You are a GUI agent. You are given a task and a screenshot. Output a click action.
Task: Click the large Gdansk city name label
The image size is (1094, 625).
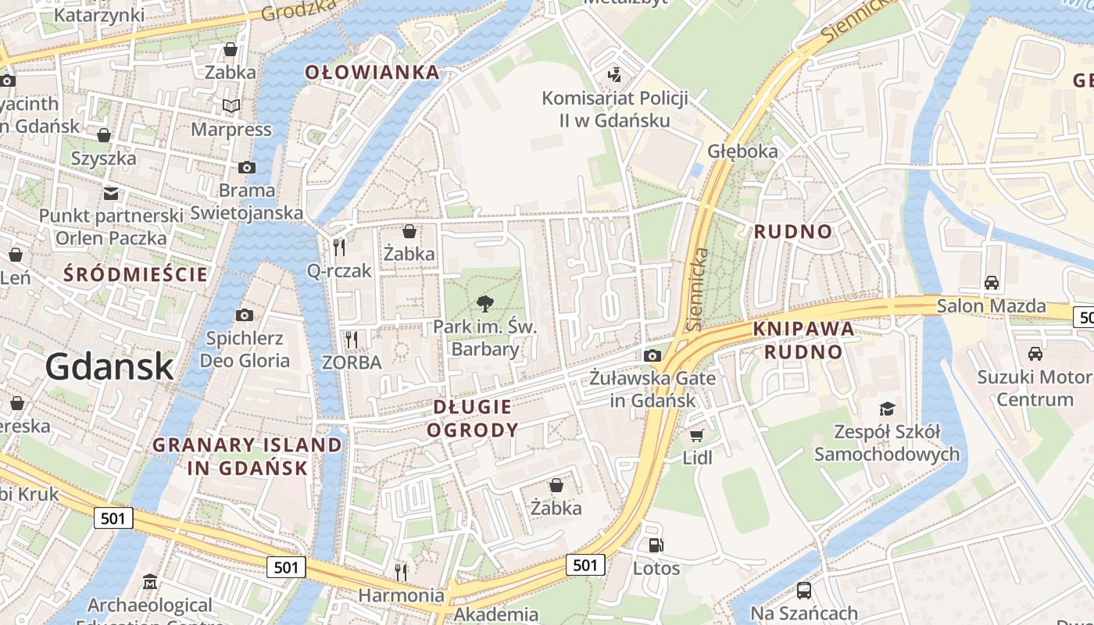click(109, 366)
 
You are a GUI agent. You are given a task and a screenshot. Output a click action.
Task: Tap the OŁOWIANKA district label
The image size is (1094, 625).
click(372, 73)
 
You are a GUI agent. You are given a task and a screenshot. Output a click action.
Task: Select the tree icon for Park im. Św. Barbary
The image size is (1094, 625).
click(484, 304)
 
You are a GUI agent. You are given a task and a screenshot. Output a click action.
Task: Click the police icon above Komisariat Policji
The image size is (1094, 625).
click(615, 74)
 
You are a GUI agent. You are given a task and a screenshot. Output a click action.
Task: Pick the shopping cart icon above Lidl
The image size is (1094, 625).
click(697, 435)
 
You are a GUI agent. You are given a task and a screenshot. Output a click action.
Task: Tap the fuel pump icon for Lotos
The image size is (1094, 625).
click(656, 545)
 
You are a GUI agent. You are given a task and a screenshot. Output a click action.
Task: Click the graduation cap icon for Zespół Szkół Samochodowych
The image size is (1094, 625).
click(887, 409)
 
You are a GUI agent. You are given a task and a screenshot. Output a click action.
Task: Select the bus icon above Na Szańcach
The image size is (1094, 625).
click(803, 591)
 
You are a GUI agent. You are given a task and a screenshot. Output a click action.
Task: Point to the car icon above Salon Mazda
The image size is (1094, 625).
click(991, 282)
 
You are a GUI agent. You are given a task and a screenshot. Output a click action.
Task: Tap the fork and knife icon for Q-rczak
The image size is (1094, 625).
click(339, 248)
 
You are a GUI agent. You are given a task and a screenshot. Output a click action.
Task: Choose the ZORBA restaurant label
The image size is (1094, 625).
click(352, 362)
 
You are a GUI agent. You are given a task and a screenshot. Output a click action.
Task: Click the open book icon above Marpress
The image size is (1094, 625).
click(231, 105)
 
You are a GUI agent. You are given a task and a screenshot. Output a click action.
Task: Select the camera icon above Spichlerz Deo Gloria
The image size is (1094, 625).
click(245, 315)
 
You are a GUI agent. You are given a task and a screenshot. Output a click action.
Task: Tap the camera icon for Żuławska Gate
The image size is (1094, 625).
click(652, 355)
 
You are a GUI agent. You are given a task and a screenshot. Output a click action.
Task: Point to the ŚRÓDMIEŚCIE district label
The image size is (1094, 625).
click(136, 274)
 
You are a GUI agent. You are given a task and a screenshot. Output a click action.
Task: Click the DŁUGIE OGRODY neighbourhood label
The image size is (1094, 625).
click(473, 418)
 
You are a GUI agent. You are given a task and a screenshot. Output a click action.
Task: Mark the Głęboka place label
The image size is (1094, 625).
click(742, 151)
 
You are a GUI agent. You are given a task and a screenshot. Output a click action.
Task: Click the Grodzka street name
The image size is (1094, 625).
click(299, 10)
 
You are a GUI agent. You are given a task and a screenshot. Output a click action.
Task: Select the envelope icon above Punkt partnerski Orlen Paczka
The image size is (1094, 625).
click(111, 193)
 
